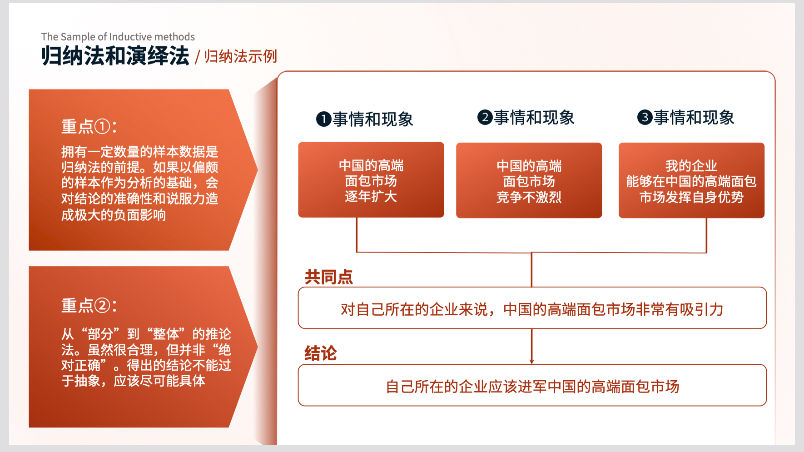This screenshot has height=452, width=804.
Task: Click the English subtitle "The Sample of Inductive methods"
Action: [118, 37]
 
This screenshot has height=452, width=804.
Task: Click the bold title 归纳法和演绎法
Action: [115, 56]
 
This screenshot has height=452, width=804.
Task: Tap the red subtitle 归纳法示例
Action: [240, 56]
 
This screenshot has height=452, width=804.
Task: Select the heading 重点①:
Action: [89, 126]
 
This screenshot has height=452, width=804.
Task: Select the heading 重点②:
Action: [89, 305]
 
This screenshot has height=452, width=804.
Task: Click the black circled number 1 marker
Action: [323, 119]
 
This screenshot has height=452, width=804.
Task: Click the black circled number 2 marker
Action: [485, 117]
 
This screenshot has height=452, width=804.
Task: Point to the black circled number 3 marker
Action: [645, 117]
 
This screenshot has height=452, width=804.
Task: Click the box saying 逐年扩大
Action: [371, 180]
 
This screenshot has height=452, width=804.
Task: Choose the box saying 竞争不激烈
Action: [529, 180]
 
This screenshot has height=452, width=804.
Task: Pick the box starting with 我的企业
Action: [691, 180]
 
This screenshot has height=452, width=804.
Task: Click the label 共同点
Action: [328, 277]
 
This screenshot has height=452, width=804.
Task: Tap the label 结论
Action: [321, 353]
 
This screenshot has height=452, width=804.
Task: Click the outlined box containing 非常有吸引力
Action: [532, 308]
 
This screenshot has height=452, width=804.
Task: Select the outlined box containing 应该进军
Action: [532, 385]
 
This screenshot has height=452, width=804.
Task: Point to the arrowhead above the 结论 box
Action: [531, 362]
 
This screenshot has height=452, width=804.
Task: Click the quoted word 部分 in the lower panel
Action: [100, 334]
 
